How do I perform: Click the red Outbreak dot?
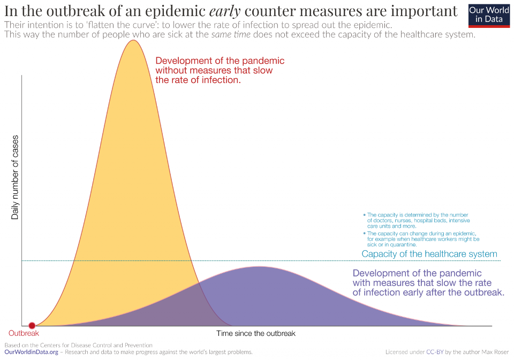pos(32,325)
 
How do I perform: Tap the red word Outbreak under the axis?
pos(24,333)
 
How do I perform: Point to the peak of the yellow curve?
pos(133,41)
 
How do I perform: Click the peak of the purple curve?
pos(259,267)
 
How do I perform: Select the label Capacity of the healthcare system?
pos(429,254)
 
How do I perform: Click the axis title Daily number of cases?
pos(15,177)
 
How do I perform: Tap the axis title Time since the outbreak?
pos(256,333)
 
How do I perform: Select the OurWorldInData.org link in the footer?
pos(31,352)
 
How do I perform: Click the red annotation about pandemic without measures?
pos(220,70)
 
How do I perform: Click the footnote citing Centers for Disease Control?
pos(78,345)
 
